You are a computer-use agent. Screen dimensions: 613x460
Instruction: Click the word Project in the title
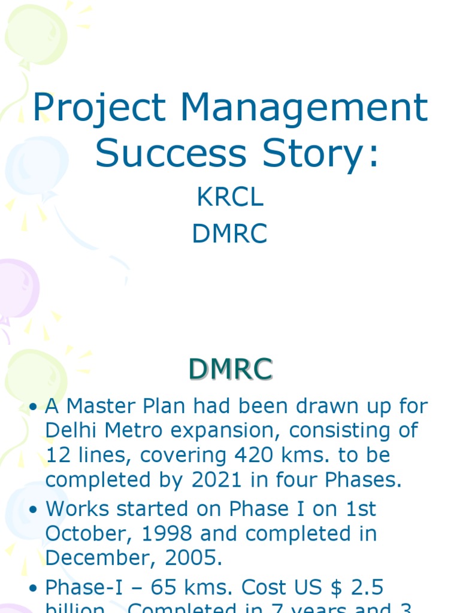99,108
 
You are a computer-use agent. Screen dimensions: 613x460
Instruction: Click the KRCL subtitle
230,198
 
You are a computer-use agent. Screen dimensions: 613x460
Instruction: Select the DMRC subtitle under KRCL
230,234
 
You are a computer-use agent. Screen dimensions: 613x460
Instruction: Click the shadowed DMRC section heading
231,369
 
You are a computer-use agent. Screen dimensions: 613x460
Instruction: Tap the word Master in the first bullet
98,406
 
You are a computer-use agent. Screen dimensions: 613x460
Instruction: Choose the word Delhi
71,431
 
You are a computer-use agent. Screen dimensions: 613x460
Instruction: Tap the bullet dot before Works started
34,509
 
